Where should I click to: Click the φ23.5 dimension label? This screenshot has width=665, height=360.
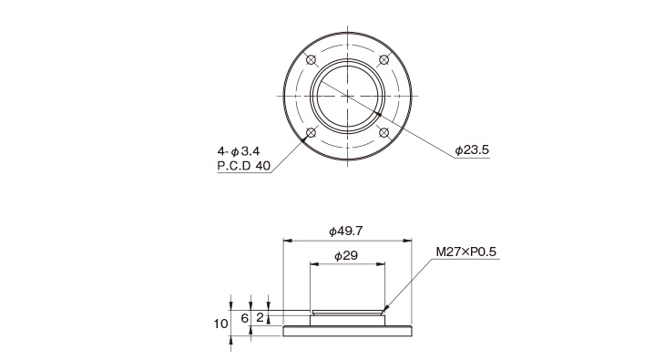coord(472,149)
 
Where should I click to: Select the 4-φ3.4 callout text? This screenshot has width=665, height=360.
coord(239,151)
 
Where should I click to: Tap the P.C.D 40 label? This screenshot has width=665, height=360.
coord(244,166)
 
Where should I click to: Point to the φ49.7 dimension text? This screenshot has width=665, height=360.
coord(346,231)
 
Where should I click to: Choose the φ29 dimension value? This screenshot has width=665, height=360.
coord(346,255)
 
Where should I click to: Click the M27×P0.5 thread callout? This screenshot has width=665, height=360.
coord(466,252)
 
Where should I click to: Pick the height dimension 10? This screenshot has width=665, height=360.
coord(220,324)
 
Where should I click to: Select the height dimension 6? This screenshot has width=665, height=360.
coord(244,318)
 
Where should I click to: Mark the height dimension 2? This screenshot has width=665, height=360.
coord(260,317)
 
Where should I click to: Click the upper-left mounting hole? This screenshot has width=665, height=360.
coord(312,60)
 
